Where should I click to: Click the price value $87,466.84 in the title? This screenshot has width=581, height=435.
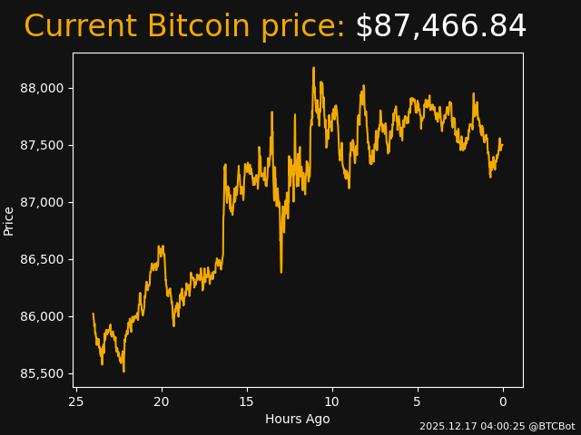click(440, 27)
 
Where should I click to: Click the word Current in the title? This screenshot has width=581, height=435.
click(81, 27)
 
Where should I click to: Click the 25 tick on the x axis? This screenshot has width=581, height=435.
click(76, 401)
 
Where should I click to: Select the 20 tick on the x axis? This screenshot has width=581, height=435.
click(162, 401)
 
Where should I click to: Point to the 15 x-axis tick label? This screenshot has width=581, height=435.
click(247, 401)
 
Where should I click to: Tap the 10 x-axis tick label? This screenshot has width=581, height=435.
click(332, 401)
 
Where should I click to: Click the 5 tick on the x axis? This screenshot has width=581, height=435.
click(418, 401)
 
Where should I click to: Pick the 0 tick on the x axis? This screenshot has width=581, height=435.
click(503, 401)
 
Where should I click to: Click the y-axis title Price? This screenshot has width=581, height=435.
click(9, 220)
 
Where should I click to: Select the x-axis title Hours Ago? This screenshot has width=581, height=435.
click(298, 419)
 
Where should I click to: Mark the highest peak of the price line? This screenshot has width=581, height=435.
click(314, 67)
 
